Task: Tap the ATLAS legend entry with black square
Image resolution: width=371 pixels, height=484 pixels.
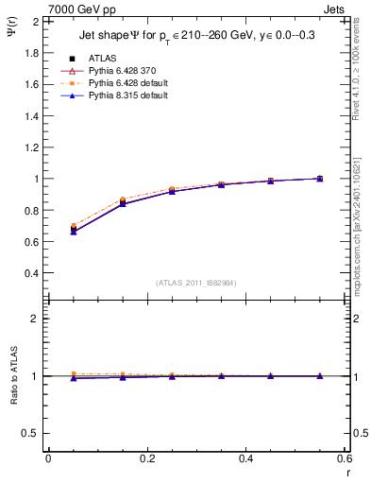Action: click(x=91, y=58)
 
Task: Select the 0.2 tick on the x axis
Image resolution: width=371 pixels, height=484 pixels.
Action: click(x=146, y=458)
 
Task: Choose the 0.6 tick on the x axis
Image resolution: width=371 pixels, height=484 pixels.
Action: click(x=345, y=458)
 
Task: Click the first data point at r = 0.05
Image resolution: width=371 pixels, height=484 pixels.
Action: click(x=74, y=230)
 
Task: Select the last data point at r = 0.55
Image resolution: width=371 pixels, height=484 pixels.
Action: click(x=320, y=179)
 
